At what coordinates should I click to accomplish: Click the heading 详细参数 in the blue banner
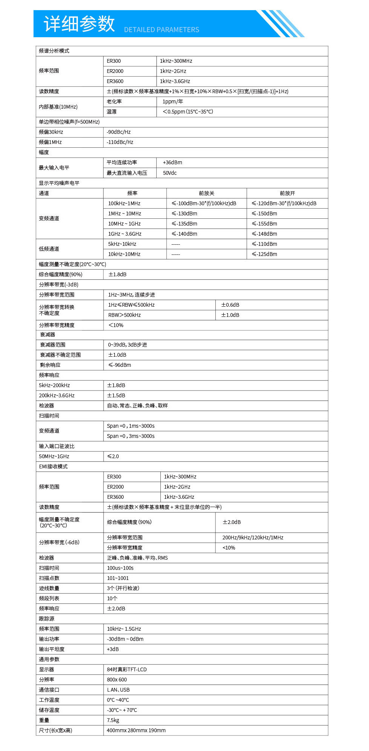coord(79,24)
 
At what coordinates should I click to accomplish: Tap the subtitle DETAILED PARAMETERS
coord(162,30)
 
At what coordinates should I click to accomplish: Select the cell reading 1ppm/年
coord(172,101)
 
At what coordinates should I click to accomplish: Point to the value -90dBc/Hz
coord(119,132)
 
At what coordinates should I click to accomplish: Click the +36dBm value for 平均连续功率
coord(172,162)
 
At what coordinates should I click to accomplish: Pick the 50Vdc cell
coord(170,173)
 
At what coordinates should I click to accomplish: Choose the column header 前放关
coord(206,193)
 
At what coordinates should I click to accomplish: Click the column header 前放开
coord(287,193)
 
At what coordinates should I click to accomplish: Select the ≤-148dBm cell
coord(264,234)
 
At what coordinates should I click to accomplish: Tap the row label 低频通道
coord(49,249)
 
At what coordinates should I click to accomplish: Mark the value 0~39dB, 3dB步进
coord(128,345)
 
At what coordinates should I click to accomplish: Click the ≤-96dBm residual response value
coord(120,365)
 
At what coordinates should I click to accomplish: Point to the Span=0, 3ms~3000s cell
coord(131,436)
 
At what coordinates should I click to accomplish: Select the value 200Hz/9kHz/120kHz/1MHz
coord(253,538)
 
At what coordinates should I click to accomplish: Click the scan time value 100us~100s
coord(120,568)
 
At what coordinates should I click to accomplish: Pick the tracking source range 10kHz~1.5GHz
coord(124,629)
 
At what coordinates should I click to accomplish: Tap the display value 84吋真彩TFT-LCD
coord(127,669)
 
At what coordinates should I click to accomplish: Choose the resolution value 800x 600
coord(117,680)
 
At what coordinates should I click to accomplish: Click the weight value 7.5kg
coord(113,720)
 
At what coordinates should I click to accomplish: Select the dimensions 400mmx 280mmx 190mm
coord(136,730)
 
